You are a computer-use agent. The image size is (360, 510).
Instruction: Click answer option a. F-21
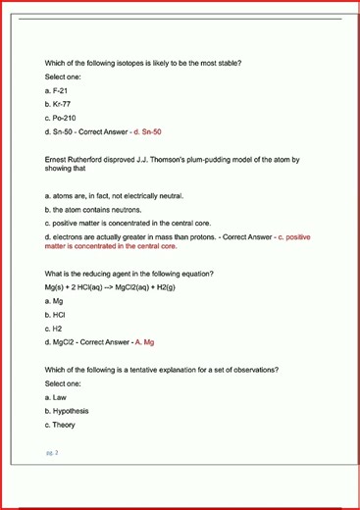pyautogui.click(x=56, y=89)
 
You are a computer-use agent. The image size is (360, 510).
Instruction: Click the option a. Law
pyautogui.click(x=55, y=397)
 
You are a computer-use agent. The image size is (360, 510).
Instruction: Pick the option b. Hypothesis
pyautogui.click(x=67, y=411)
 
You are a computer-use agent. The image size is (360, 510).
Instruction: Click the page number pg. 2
pyautogui.click(x=52, y=453)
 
